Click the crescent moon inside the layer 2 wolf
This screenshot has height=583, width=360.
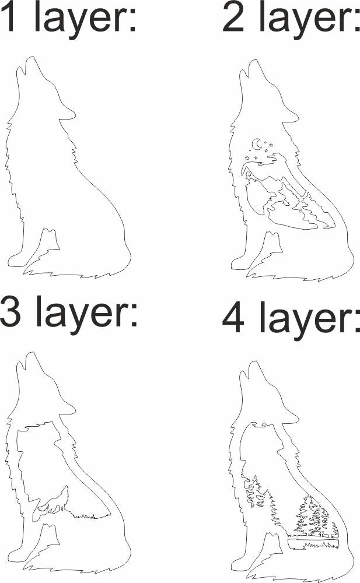[x=256, y=143]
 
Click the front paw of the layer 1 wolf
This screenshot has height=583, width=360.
[x=18, y=260]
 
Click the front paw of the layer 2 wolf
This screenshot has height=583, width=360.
[x=240, y=263]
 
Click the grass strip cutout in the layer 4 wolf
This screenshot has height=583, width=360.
[x=315, y=545]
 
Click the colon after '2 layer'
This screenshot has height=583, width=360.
[x=354, y=22]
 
